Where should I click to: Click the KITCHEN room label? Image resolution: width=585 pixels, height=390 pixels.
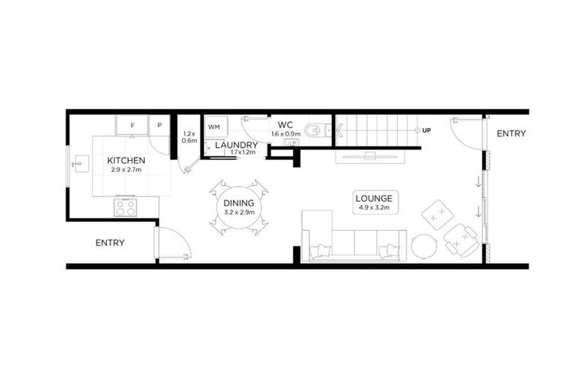[x=126, y=161]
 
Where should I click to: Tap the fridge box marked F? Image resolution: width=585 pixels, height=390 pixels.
[x=132, y=124]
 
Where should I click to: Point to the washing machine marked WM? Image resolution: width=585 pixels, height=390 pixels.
[x=213, y=126]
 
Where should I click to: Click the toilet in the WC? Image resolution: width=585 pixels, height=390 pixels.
[x=315, y=130]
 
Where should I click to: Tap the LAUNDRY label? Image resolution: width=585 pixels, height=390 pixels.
[x=236, y=145]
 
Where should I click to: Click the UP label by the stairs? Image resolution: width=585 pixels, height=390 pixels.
[x=427, y=130]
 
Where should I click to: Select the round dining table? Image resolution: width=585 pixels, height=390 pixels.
[x=239, y=206]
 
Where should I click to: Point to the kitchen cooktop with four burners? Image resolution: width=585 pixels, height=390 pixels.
[x=125, y=206]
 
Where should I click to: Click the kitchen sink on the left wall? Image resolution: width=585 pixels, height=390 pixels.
[x=80, y=164]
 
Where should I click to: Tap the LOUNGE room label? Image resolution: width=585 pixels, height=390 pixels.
[x=374, y=199]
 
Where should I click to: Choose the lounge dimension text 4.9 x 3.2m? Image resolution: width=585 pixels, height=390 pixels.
[x=373, y=208]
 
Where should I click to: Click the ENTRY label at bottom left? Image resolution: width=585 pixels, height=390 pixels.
[x=110, y=243]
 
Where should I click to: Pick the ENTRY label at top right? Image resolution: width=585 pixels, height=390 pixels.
[x=511, y=134]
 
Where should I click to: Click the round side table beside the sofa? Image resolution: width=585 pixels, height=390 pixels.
[x=424, y=246]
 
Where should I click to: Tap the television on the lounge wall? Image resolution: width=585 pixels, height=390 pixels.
[x=370, y=157]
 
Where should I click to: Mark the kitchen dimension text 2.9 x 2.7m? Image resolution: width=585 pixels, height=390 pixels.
[x=126, y=170]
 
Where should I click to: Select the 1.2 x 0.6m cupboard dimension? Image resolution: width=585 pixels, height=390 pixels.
[x=189, y=137]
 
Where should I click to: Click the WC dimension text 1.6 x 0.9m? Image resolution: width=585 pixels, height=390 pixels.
[x=286, y=134]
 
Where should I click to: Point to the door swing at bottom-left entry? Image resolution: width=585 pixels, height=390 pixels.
[x=174, y=244]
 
